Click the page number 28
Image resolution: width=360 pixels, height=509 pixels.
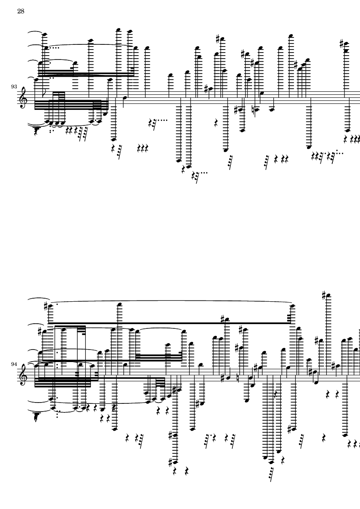[21, 11]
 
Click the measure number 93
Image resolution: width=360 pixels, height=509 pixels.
[14, 87]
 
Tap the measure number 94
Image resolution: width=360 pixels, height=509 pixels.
[14, 364]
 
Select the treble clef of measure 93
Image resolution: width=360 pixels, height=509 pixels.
[23, 98]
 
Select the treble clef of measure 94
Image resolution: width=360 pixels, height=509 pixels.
[23, 375]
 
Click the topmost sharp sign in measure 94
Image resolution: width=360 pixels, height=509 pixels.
[324, 295]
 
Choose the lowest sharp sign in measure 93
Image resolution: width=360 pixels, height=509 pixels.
[236, 110]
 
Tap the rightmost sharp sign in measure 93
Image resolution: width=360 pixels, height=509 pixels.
[341, 43]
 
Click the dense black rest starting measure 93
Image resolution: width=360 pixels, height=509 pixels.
[37, 131]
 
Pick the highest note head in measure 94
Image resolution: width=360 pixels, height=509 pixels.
[329, 295]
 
